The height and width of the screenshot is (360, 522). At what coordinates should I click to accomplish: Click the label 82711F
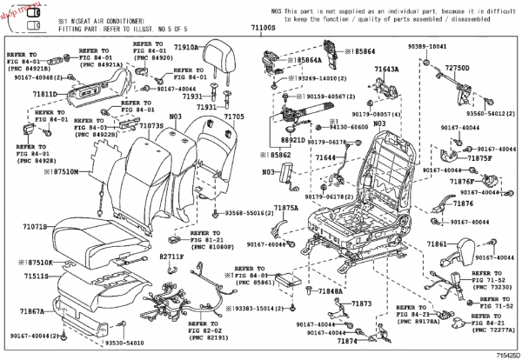[x=171, y=257]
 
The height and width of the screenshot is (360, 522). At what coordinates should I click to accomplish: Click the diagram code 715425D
[x=502, y=355]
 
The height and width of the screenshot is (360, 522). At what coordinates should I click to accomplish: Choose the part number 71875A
[x=286, y=209]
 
